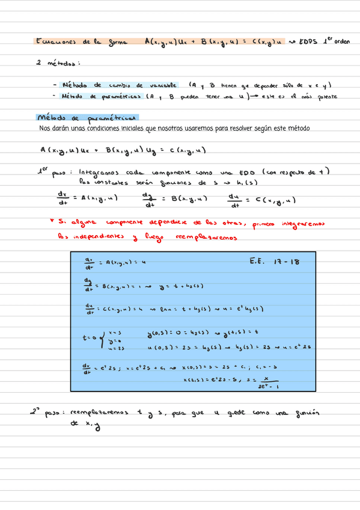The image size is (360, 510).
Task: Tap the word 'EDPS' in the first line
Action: point(304,41)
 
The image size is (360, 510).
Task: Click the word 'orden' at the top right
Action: point(341,40)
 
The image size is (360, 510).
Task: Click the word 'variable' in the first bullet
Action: point(162,85)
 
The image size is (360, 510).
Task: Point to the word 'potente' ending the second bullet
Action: point(323,96)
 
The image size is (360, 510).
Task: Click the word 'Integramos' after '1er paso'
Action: point(99,172)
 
